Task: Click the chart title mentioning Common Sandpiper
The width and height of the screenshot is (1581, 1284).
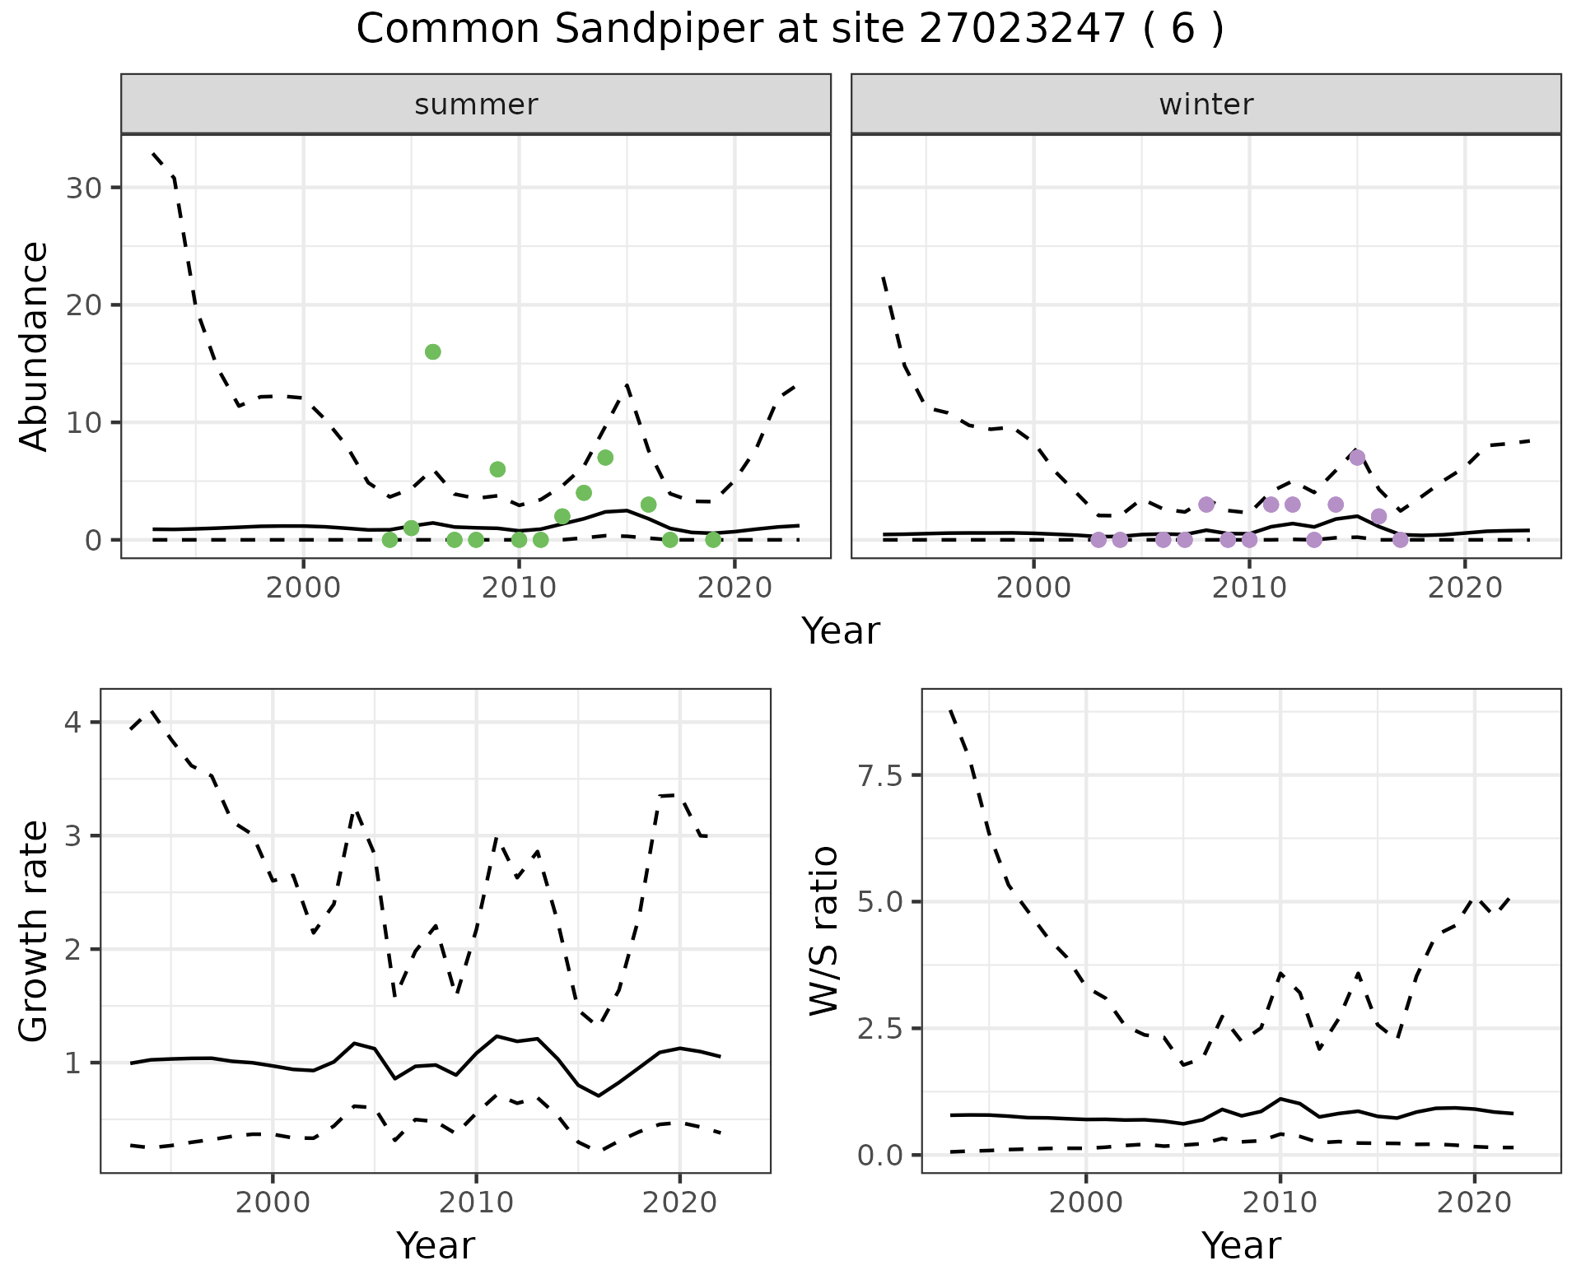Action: point(789,30)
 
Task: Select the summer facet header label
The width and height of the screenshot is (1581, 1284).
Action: point(476,105)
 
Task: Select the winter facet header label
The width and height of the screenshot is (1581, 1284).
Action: point(1206,105)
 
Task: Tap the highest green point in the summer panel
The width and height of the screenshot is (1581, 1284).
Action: point(432,351)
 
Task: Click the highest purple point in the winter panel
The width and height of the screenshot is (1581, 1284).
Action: point(1357,457)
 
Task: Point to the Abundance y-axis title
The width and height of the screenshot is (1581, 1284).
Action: point(34,346)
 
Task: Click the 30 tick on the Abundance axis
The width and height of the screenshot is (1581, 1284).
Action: point(82,188)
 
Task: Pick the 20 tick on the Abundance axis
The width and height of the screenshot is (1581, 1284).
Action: point(82,305)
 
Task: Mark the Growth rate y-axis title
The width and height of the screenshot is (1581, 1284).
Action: point(34,932)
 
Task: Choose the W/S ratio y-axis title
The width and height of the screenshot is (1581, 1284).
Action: point(823,930)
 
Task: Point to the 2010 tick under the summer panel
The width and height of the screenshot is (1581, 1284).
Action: point(519,588)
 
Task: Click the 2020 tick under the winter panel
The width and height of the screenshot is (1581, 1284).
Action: point(1464,588)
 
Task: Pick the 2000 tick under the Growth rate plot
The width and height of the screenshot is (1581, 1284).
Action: point(272,1203)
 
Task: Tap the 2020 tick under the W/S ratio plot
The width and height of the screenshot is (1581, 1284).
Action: point(1474,1203)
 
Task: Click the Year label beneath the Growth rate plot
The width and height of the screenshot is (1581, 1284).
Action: point(436,1246)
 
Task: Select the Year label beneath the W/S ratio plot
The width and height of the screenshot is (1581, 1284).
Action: point(1241,1246)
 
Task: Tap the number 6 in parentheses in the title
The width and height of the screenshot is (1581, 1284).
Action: point(1182,30)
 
